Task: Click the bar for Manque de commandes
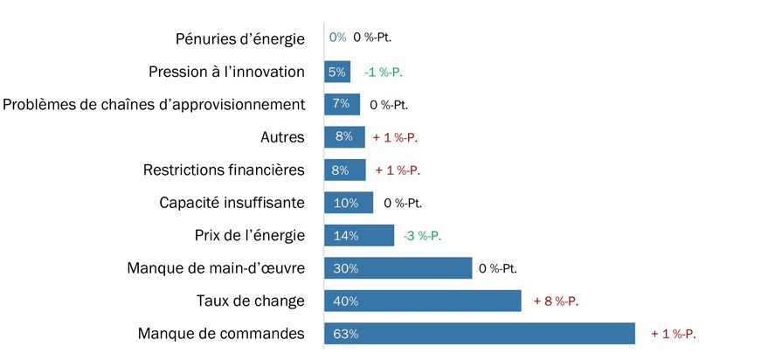click(479, 334)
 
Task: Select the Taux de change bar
click(423, 301)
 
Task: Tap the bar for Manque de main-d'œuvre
click(398, 268)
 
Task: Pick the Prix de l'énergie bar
click(359, 235)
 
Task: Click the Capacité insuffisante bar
click(349, 203)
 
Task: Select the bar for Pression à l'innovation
click(337, 72)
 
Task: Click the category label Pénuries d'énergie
click(239, 38)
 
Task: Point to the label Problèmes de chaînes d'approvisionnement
click(154, 104)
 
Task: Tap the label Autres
click(282, 137)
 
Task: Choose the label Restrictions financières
click(224, 170)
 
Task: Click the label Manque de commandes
click(221, 334)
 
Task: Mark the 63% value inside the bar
click(345, 334)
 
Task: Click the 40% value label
click(345, 301)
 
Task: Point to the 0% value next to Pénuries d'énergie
click(337, 38)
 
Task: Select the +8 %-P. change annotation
click(557, 301)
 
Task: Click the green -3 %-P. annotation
click(422, 236)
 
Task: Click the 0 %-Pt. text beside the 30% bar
click(504, 268)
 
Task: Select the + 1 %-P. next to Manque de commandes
click(674, 334)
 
